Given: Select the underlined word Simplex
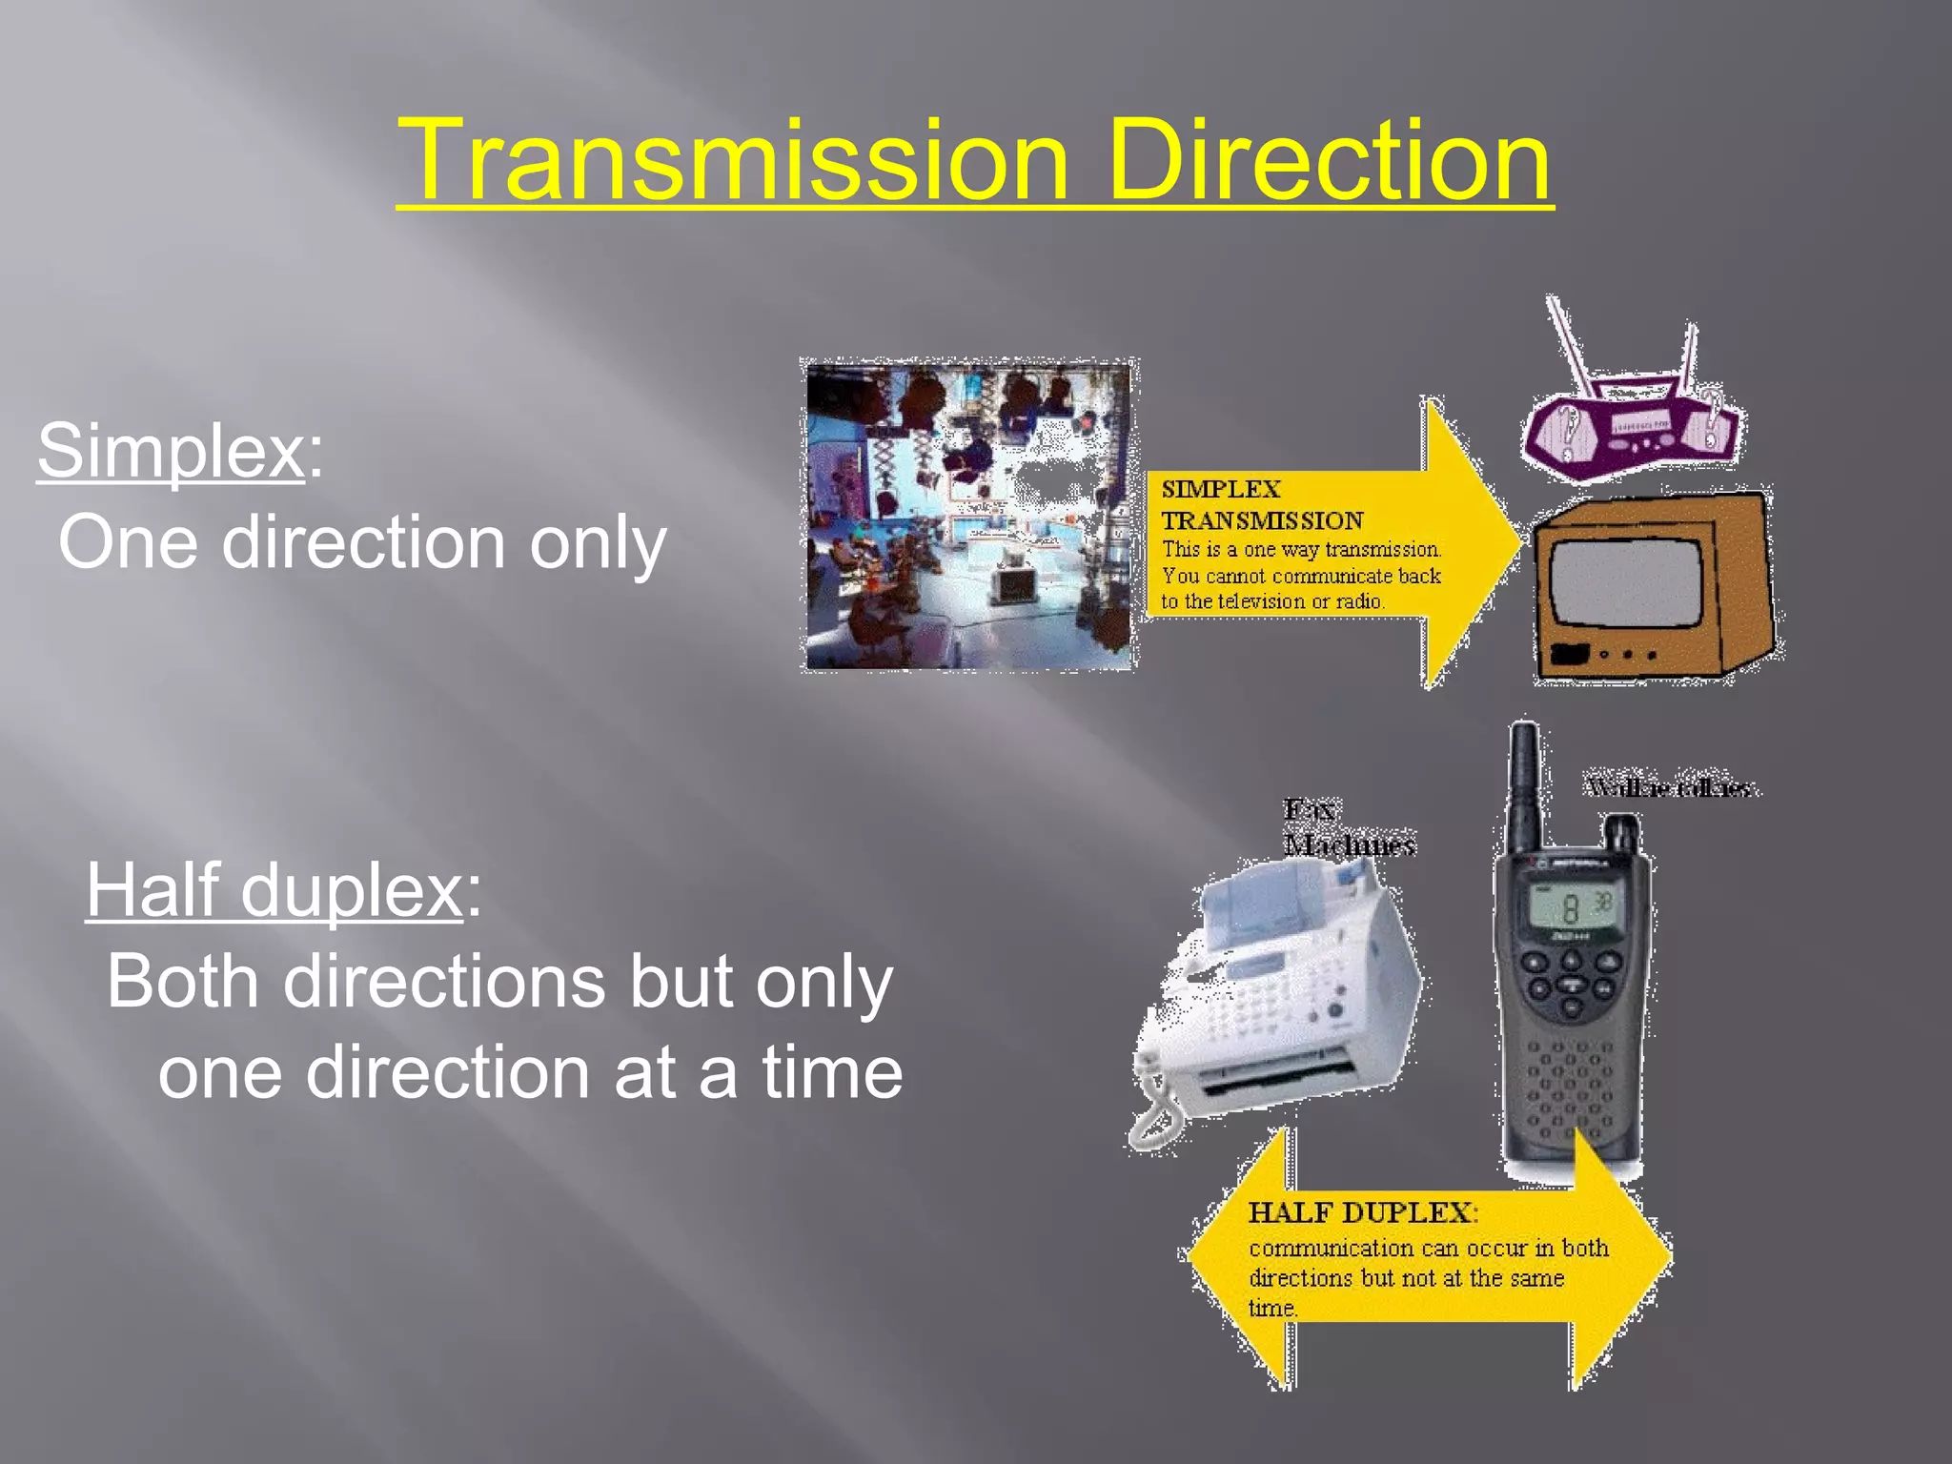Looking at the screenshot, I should pyautogui.click(x=171, y=451).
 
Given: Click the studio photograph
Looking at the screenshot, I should pyautogui.click(x=968, y=516).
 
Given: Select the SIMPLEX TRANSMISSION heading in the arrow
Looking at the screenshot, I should pyautogui.click(x=1261, y=505).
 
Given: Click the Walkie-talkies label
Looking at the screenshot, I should pyautogui.click(x=1670, y=788).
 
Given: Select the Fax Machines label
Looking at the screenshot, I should pyautogui.click(x=1346, y=827).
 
